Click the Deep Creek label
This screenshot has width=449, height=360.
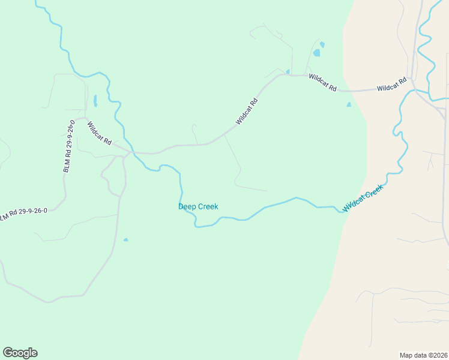[198, 206]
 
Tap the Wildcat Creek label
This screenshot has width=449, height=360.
[363, 198]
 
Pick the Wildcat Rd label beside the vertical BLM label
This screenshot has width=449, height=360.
[100, 134]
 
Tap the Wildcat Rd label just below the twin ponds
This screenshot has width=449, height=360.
[323, 83]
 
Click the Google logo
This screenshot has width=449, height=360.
[20, 353]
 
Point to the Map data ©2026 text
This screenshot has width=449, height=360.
[423, 355]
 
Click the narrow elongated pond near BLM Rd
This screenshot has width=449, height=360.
[95, 100]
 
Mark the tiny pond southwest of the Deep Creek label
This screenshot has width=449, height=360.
[125, 240]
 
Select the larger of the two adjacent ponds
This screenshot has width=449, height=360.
[316, 53]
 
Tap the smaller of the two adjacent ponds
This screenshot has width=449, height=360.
[322, 44]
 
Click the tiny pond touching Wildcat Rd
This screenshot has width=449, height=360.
[288, 72]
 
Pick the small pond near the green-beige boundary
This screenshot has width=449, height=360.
[349, 104]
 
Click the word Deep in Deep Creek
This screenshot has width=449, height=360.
[187, 206]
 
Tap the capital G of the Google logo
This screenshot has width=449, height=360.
[8, 352]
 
